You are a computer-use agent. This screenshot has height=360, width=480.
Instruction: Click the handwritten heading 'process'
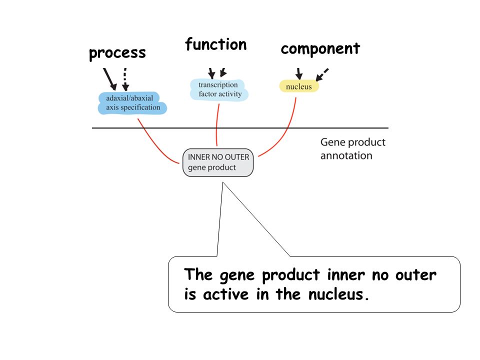tap(117, 53)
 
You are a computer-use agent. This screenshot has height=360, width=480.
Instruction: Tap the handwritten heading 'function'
tap(216, 44)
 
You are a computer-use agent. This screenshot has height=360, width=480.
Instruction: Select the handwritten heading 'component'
tap(320, 49)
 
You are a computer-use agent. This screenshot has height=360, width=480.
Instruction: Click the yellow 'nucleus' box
tap(299, 86)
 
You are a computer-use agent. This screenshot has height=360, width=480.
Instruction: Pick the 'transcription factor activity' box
tap(219, 89)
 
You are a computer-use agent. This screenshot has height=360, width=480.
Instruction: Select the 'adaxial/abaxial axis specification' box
tap(132, 103)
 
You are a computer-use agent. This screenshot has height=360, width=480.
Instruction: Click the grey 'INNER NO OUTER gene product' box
tap(218, 162)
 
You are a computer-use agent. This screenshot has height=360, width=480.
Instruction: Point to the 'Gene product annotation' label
tap(352, 149)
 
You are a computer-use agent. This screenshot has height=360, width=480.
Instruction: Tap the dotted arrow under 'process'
tap(125, 79)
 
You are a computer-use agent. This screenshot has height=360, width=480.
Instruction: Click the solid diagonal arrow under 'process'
tap(110, 79)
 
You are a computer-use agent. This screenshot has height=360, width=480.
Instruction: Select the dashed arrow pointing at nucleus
tap(321, 74)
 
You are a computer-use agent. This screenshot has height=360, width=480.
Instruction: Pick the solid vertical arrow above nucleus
tap(299, 74)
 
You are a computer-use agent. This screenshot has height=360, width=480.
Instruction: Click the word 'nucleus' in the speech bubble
tap(336, 294)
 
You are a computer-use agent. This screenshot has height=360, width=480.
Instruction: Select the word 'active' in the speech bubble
tap(226, 294)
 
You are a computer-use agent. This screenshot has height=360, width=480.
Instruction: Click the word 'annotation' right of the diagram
tap(346, 155)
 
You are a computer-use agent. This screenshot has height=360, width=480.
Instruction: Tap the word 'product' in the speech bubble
tap(291, 275)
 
